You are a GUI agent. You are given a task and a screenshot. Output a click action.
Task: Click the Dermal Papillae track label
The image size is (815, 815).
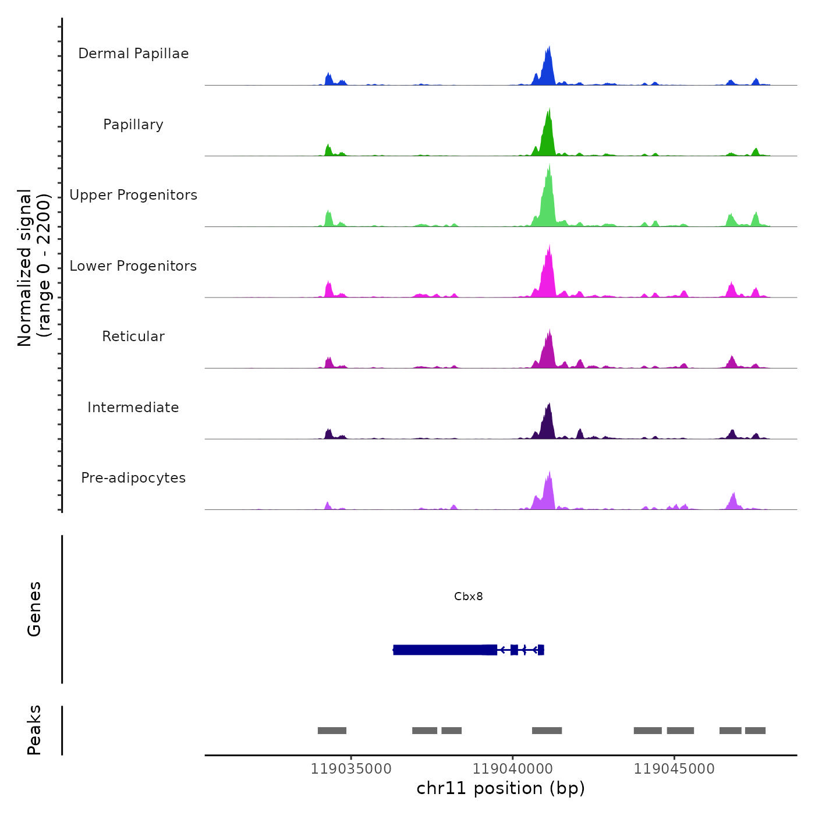[x=133, y=54]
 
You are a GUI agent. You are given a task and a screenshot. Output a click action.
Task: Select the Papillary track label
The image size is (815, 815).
[x=133, y=125]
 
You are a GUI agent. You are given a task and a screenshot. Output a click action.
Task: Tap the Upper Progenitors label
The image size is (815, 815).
[x=133, y=195]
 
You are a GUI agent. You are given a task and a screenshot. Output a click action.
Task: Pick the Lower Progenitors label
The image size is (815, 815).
[x=133, y=266]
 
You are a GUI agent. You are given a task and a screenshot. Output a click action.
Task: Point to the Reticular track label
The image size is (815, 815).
[x=133, y=336]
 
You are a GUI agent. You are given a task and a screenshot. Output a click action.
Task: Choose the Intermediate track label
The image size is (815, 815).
[x=133, y=408]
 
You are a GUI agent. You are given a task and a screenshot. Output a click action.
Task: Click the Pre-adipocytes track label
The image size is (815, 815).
[x=133, y=478]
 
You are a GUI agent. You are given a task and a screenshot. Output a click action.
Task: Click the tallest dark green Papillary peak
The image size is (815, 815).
[x=548, y=134]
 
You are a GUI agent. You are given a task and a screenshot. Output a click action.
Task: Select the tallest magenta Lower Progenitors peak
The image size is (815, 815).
[x=548, y=274]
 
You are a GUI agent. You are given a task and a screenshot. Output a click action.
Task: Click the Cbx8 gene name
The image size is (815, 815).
[x=469, y=597]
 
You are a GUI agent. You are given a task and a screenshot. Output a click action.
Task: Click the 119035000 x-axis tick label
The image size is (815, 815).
[x=351, y=769]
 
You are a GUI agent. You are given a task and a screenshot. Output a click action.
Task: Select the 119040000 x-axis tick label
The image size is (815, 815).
[x=512, y=769]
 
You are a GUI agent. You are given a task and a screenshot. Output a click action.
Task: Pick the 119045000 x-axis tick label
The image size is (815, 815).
[x=674, y=769]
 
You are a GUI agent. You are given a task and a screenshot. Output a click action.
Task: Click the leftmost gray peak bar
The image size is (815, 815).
[x=332, y=731]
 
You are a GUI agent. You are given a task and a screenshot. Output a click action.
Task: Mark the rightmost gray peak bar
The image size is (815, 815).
[x=755, y=731]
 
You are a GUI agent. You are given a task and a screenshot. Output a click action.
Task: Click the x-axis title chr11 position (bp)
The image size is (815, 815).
[x=501, y=789]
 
